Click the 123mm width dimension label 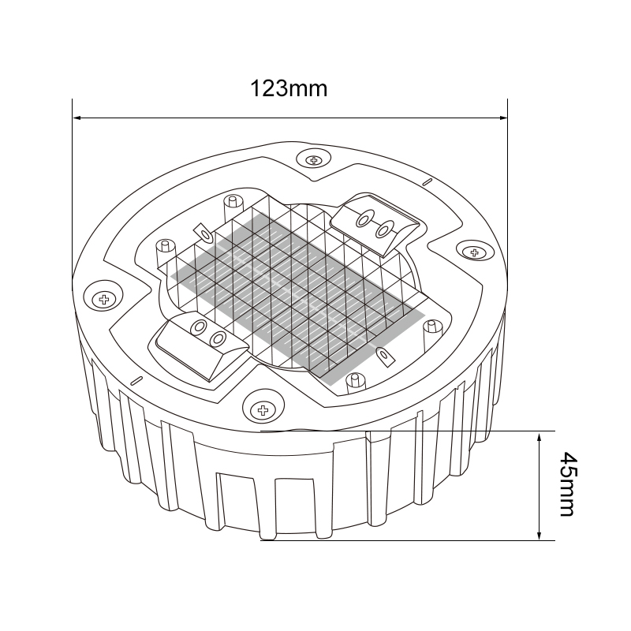point(289,88)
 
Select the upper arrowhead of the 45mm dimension point(540,436)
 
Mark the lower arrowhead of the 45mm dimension point(540,536)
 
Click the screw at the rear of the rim point(315,160)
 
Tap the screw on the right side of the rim point(474,252)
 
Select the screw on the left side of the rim point(103,299)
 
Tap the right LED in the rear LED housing point(384,230)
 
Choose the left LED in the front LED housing point(200,328)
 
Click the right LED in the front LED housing point(218,339)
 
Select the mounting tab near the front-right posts point(386,356)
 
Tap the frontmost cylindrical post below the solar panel point(357,383)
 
